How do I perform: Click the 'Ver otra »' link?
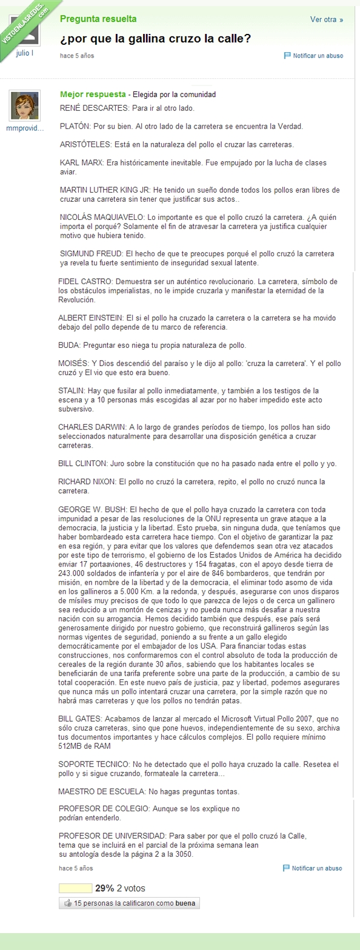(x=326, y=19)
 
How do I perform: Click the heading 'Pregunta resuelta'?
(x=98, y=19)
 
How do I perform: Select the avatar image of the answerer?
(x=25, y=106)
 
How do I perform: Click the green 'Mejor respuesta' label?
(x=93, y=95)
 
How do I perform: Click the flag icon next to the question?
(x=287, y=56)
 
